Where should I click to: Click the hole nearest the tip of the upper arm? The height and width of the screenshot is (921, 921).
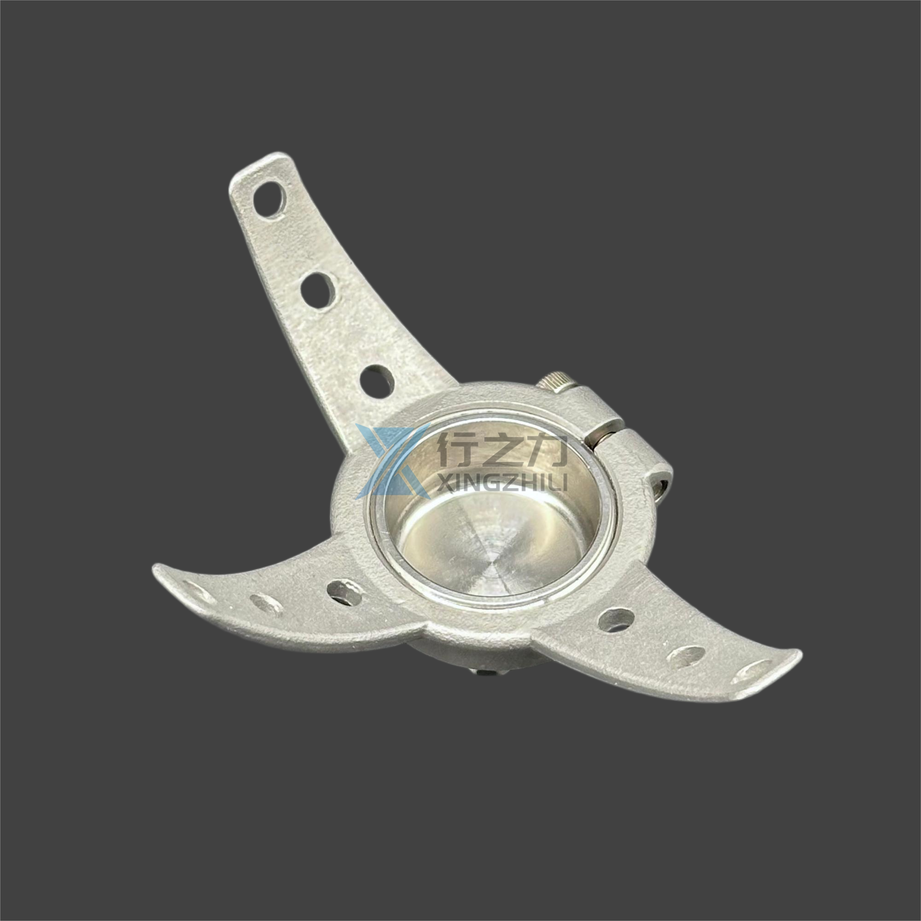(269, 199)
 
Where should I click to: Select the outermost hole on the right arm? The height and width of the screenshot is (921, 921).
(753, 672)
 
